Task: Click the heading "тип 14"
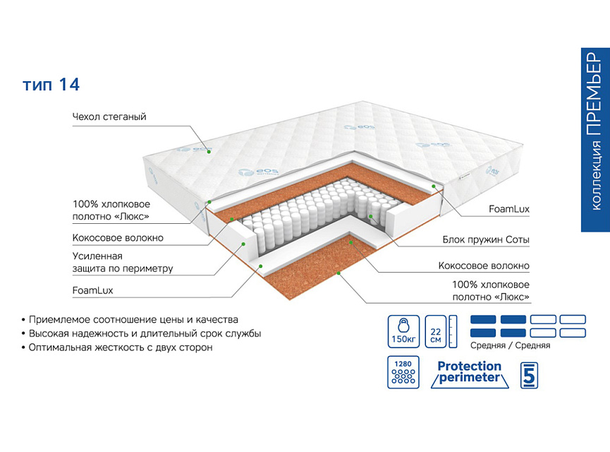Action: pos(51,85)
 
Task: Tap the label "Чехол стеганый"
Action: pos(109,117)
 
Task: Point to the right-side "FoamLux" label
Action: pos(509,210)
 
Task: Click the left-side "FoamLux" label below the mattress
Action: pos(92,290)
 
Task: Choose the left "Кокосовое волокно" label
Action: pos(118,238)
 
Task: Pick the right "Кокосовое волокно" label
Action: pos(484,266)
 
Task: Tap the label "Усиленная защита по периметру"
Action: pos(122,262)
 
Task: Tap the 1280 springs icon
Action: pos(404,373)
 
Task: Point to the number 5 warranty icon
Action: pos(530,374)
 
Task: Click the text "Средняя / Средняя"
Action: pos(510,345)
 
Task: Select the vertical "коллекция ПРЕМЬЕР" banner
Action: pos(594,140)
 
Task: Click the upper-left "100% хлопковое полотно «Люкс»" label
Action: pos(111,209)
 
